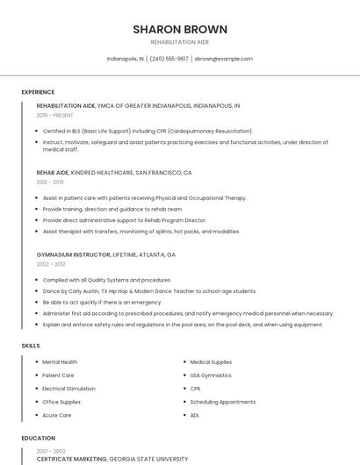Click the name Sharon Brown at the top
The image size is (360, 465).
[x=180, y=29]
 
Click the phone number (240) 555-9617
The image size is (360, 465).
[x=169, y=59]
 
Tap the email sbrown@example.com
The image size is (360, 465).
[x=223, y=59]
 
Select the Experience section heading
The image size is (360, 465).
[x=38, y=92]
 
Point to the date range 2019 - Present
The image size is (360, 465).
[x=54, y=115]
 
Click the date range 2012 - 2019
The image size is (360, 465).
[x=50, y=182]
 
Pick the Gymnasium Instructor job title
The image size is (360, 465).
[x=73, y=254]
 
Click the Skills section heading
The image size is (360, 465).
[x=31, y=346]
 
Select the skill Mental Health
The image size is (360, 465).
[x=60, y=361]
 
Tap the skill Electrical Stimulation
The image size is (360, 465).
[x=68, y=388]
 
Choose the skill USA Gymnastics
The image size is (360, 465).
[x=211, y=375]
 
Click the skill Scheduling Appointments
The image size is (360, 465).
[x=222, y=402]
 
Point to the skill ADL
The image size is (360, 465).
[x=195, y=415]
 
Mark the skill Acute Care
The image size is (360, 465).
[x=56, y=415]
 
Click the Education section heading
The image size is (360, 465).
[x=38, y=437]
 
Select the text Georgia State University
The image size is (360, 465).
[x=148, y=459]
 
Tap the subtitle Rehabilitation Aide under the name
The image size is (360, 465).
[x=180, y=41]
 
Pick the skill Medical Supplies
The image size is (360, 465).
[x=211, y=361]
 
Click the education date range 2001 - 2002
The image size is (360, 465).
[x=50, y=451]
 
